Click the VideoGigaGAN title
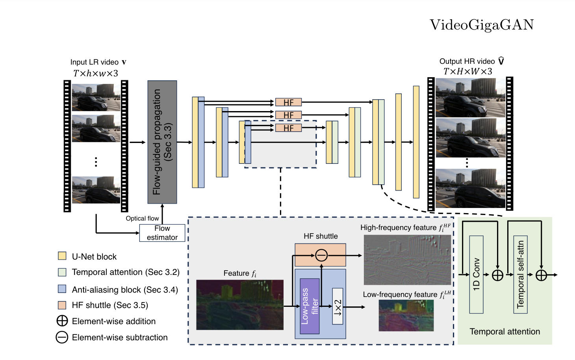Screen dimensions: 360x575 tap(481, 25)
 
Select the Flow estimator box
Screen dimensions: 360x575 tap(162, 233)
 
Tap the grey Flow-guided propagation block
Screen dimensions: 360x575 tap(162, 142)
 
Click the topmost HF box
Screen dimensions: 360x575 tap(288, 102)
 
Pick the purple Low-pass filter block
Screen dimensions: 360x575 tap(310, 306)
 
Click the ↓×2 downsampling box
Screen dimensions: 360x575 tap(338, 306)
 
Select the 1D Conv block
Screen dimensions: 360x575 tap(476, 275)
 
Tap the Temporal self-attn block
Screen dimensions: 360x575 tap(520, 275)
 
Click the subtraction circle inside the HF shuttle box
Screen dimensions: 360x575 tap(321, 255)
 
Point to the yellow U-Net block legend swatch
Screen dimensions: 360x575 tap(62, 256)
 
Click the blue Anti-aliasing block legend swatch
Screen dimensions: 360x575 tap(62, 289)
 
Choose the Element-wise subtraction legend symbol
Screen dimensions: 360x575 tap(62, 337)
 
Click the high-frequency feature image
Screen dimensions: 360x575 tap(407, 260)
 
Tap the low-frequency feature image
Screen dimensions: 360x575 tap(406, 315)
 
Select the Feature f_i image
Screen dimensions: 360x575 tap(239, 304)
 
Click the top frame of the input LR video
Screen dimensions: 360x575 tap(96, 97)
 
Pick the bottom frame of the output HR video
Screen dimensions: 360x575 tap(470, 188)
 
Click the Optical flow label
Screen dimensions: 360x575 tap(142, 219)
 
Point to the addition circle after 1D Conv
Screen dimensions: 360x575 tap(497, 275)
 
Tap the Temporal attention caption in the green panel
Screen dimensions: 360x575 tap(505, 332)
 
